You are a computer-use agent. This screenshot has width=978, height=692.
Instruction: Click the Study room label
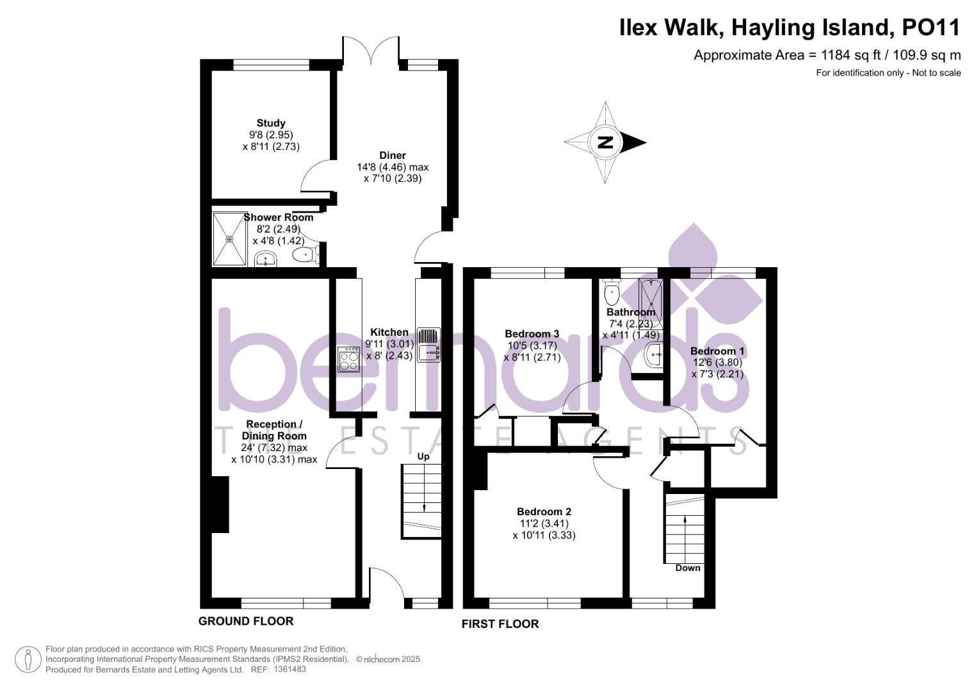click(271, 123)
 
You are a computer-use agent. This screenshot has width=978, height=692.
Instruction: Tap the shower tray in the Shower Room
click(229, 238)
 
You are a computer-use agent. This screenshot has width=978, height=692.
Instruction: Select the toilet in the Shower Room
click(305, 256)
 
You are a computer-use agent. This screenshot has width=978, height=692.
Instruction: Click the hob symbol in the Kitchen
click(349, 359)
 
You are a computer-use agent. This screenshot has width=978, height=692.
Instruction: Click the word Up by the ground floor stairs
click(423, 457)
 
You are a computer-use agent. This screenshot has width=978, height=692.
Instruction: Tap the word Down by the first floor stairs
click(688, 568)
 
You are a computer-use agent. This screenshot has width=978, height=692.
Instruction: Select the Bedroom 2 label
click(544, 511)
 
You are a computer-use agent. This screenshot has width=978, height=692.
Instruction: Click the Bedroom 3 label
click(532, 333)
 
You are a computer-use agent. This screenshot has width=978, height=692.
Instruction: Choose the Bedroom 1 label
click(717, 351)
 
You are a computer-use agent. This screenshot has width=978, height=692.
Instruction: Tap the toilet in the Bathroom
click(612, 295)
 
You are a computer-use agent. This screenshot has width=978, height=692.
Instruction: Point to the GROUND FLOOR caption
click(246, 621)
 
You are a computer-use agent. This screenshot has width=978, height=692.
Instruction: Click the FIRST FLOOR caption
click(500, 624)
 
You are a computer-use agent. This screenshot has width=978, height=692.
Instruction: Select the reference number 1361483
click(289, 669)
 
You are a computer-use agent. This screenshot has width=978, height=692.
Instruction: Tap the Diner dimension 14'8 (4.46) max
click(392, 167)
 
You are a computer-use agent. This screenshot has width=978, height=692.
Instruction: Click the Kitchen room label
click(389, 332)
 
